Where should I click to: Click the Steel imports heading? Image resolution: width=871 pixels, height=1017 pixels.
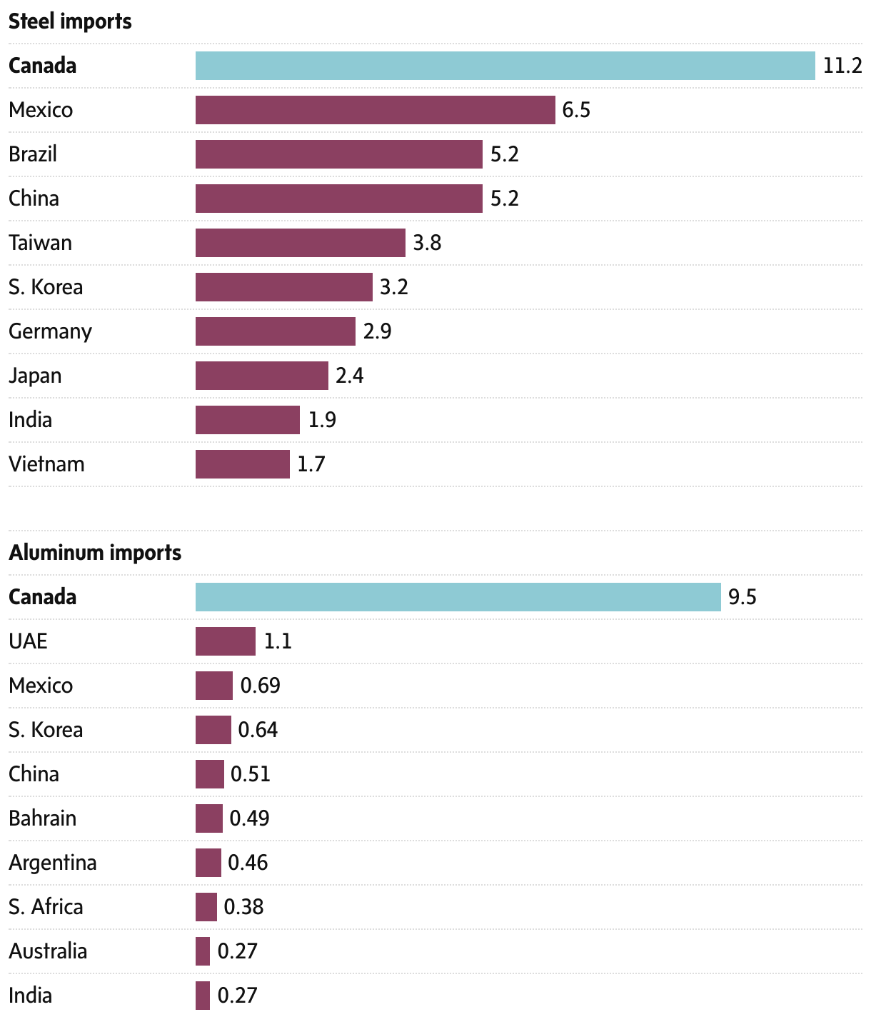tap(70, 21)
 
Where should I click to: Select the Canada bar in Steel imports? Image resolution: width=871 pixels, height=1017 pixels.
tap(505, 66)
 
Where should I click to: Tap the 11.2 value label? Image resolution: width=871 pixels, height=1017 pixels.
tap(842, 66)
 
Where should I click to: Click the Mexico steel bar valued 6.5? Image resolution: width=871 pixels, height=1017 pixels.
tap(375, 110)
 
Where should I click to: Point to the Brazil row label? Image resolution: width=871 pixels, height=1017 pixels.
tap(33, 154)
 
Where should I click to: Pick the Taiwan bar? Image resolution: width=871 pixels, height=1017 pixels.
tap(300, 243)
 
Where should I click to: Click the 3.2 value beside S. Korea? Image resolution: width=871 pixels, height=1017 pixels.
tap(393, 287)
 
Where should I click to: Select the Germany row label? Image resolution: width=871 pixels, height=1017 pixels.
tap(50, 331)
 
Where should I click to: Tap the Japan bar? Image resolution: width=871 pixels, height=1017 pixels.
tap(261, 376)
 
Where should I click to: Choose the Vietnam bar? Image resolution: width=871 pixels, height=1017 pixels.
tap(242, 464)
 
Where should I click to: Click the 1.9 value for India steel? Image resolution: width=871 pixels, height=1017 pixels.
tap(322, 420)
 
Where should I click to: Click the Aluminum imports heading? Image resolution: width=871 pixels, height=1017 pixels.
tap(95, 553)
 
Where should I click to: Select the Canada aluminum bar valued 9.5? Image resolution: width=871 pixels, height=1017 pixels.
tap(458, 597)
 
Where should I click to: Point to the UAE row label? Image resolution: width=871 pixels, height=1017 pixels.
tap(28, 641)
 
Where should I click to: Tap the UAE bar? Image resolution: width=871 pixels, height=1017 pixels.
tap(225, 641)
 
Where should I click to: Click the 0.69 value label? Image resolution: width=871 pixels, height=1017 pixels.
tap(260, 686)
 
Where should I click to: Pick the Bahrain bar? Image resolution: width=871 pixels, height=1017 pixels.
tap(208, 818)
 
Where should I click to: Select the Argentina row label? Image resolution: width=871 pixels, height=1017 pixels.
tap(52, 863)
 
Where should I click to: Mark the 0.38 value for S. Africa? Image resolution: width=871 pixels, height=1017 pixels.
tap(243, 907)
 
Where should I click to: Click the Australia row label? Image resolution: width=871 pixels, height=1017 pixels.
tap(48, 951)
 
